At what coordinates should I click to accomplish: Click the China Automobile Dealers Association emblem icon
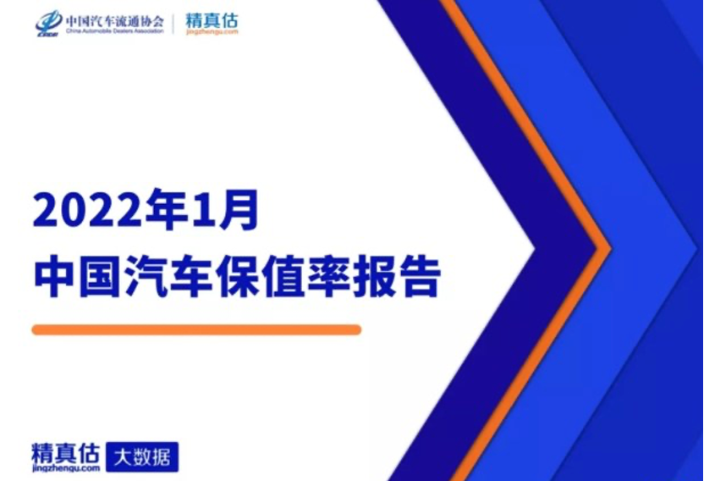(48, 23)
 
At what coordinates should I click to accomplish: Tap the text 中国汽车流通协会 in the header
(114, 20)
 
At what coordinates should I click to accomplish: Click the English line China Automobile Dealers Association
(114, 31)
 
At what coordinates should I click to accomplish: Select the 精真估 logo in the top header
(212, 19)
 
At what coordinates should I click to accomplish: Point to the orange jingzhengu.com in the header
(212, 32)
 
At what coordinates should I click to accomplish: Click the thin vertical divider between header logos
(174, 24)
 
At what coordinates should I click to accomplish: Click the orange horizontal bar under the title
(196, 330)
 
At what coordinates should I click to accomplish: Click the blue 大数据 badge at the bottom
(142, 457)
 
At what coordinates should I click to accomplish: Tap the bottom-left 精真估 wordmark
(65, 453)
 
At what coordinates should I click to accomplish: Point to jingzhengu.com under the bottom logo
(66, 468)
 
